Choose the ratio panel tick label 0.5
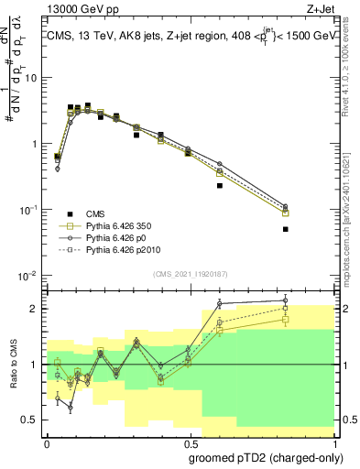click(32, 420)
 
